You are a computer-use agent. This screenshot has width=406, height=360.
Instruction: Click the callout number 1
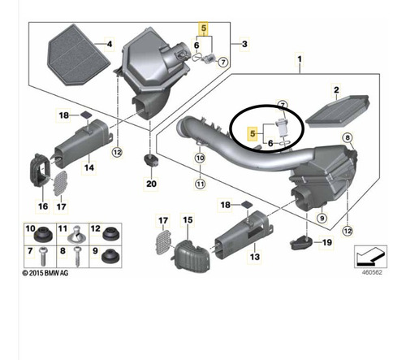pyautogui.click(x=300, y=59)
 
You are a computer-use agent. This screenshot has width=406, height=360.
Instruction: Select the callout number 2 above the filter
pyautogui.click(x=336, y=90)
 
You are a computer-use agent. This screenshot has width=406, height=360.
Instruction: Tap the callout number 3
pyautogui.click(x=244, y=44)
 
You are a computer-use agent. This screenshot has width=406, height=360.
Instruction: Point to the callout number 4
pyautogui.click(x=110, y=44)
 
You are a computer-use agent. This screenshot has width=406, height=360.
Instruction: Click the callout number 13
pyautogui.click(x=255, y=256)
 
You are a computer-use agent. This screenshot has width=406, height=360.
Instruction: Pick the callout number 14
pyautogui.click(x=89, y=167)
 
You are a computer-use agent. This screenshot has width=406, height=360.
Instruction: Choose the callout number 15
pyautogui.click(x=188, y=219)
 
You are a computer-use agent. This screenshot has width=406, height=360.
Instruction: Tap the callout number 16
pyautogui.click(x=43, y=206)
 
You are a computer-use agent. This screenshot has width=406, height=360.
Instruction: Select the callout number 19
pyautogui.click(x=327, y=242)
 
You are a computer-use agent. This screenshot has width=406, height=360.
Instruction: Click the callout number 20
pyautogui.click(x=151, y=184)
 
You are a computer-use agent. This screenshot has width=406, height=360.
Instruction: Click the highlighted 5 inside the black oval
pyautogui.click(x=253, y=133)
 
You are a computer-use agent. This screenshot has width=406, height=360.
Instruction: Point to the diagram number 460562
pyautogui.click(x=372, y=272)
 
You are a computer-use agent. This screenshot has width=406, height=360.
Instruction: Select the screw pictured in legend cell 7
pyautogui.click(x=43, y=257)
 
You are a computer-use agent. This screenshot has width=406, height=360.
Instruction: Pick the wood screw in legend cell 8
pyautogui.click(x=77, y=257)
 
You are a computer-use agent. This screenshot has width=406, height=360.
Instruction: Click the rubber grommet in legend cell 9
pyautogui.click(x=110, y=256)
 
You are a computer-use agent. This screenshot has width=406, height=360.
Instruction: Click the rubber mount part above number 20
pyautogui.click(x=151, y=161)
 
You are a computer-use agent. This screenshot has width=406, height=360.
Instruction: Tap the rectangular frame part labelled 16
pyautogui.click(x=40, y=171)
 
